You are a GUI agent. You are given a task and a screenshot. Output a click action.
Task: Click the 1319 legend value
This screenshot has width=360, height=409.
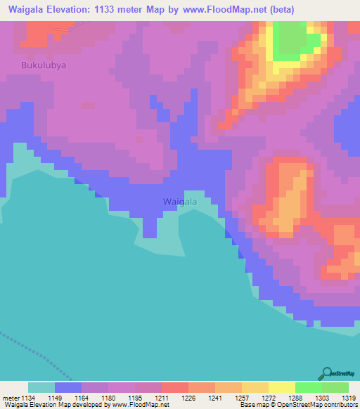[349, 397]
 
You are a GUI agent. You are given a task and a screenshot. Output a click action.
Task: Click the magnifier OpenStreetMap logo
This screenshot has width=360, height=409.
[327, 372]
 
